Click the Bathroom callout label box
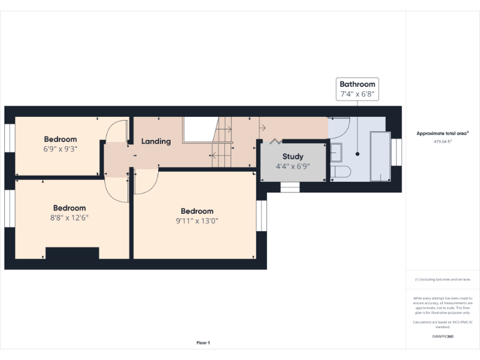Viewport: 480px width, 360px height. pyautogui.click(x=357, y=89)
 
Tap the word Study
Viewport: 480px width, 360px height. pyautogui.click(x=292, y=156)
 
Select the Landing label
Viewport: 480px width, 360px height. pyautogui.click(x=156, y=141)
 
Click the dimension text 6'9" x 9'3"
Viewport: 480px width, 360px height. pyautogui.click(x=60, y=149)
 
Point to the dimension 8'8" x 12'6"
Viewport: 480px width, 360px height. pyautogui.click(x=69, y=217)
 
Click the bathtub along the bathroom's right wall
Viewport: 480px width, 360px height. pyautogui.click(x=379, y=156)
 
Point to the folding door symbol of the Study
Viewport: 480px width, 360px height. pyautogui.click(x=275, y=141)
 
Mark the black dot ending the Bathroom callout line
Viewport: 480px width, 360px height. pyautogui.click(x=357, y=154)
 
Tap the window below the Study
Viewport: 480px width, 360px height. pyautogui.click(x=290, y=187)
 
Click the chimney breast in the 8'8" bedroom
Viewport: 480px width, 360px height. pyautogui.click(x=72, y=253)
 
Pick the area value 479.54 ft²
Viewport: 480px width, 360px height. pyautogui.click(x=442, y=142)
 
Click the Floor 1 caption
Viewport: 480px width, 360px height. pyautogui.click(x=203, y=342)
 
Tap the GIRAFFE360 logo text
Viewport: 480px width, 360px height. pyautogui.click(x=442, y=337)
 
